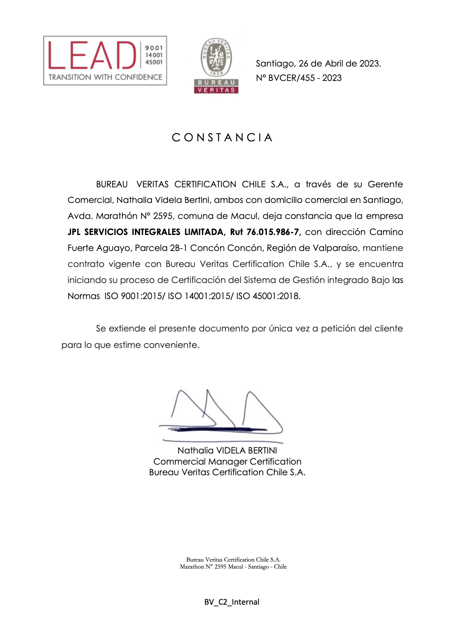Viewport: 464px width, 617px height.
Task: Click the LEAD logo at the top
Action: coord(105,60)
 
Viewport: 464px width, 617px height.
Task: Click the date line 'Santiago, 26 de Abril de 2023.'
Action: coord(318,64)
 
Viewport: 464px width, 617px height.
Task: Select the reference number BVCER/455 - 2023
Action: coord(305,78)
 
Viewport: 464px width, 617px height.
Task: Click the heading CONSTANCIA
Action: coord(222,137)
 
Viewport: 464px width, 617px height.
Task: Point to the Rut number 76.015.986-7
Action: coord(273,232)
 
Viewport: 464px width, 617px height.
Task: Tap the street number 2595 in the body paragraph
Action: coord(163,216)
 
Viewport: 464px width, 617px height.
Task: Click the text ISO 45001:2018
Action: coord(268,296)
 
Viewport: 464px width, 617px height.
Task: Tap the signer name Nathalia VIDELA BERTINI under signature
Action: coord(227,451)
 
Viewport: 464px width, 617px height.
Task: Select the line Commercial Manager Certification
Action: coord(227,462)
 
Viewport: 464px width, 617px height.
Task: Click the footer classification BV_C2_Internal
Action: coord(232,602)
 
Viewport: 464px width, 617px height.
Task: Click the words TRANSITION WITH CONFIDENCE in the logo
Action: coord(105,77)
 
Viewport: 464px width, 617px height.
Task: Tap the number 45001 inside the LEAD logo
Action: coord(154,62)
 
